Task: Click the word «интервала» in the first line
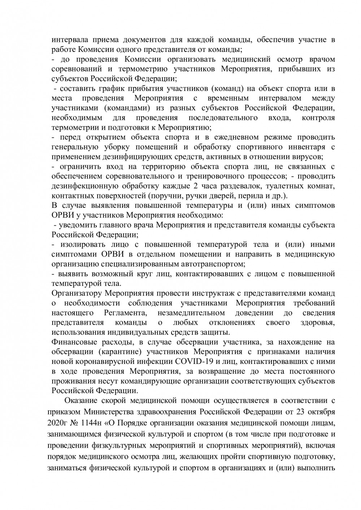tap(69, 39)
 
